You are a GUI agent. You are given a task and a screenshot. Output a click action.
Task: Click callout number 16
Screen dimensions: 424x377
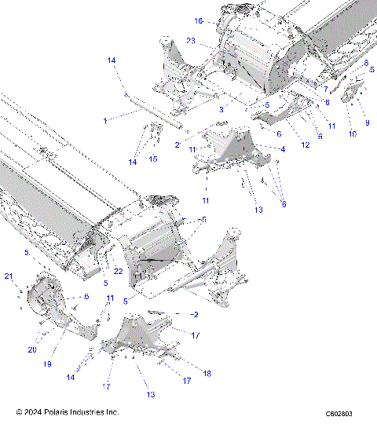(x=199, y=20)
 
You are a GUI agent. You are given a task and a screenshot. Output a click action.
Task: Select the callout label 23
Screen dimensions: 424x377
(x=191, y=40)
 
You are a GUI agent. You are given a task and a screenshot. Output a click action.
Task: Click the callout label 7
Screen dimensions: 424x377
(x=325, y=90)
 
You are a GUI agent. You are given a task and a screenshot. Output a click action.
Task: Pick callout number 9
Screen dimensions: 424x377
(x=366, y=123)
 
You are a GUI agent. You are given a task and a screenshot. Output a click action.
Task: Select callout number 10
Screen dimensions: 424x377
(x=352, y=134)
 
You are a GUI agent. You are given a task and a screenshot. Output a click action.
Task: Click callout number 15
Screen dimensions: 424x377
(x=153, y=159)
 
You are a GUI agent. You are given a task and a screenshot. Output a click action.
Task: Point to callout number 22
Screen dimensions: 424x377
(x=119, y=270)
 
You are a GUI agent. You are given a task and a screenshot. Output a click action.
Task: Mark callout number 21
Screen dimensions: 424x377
(x=9, y=276)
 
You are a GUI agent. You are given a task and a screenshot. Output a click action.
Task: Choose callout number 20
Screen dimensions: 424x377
(x=33, y=349)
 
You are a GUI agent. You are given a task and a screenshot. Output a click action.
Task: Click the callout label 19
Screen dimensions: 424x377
(x=47, y=364)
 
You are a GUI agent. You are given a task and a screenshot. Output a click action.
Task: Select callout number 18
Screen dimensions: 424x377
(x=207, y=374)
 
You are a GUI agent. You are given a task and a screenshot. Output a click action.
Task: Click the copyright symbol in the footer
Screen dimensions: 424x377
(x=18, y=411)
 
